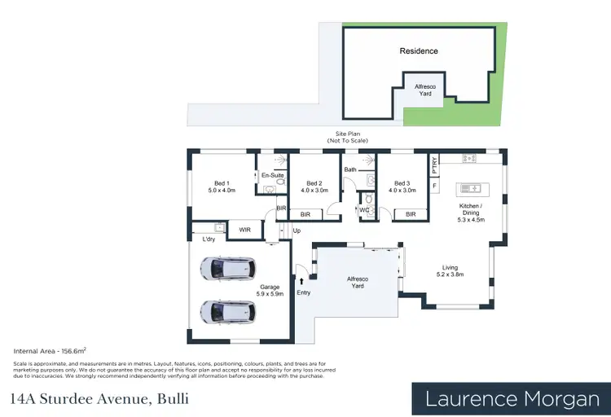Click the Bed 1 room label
click(x=222, y=187)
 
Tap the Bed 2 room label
click(x=315, y=187)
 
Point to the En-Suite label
click(x=271, y=176)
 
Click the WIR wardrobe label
click(x=244, y=230)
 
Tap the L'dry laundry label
click(x=209, y=239)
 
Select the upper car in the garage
click(x=227, y=268)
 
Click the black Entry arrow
click(x=302, y=280)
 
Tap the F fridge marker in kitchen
click(x=435, y=186)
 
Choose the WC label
click(x=365, y=210)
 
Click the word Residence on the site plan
click(x=419, y=50)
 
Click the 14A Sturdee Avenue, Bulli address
click(x=99, y=399)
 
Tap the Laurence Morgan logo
click(x=516, y=398)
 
